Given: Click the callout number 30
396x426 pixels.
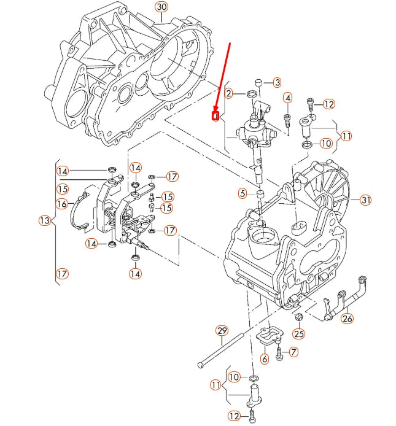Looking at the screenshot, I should tap(161, 7).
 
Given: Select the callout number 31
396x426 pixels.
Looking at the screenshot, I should tap(365, 200).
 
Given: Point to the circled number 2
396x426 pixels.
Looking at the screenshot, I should tap(228, 93).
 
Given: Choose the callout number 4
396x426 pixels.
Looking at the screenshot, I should tap(287, 98).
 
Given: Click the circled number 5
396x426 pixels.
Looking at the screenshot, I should tap(243, 193).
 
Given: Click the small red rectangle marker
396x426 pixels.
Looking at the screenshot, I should tap(215, 115).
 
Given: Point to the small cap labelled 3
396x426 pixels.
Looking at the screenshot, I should tap(258, 82).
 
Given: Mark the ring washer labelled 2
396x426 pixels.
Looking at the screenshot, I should tap(250, 94).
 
